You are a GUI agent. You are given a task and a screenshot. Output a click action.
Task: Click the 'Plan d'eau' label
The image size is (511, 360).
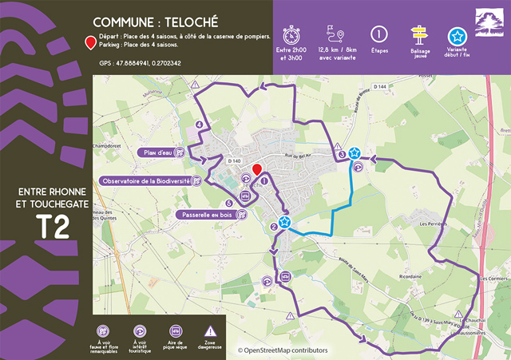pos(156,152)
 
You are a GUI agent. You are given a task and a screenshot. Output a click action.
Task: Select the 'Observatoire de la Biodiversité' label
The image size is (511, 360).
pos(145,181)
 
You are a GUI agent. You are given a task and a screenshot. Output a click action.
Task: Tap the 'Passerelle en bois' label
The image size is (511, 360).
pos(204,215)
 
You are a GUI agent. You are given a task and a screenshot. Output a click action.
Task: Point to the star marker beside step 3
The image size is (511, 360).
pos(355,152)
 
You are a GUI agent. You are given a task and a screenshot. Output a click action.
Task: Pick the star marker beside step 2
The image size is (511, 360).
pos(284,222)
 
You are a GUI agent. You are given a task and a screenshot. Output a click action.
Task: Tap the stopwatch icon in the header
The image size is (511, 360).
pos(291,34)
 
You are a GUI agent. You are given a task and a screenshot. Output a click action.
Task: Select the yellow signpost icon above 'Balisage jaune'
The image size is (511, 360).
pos(419,34)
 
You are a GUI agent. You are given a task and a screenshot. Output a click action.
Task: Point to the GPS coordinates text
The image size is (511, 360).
pos(140,62)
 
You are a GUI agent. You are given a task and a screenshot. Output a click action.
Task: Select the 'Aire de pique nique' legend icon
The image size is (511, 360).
pos(176,330)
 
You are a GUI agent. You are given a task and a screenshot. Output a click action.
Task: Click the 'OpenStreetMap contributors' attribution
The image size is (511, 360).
pos(282,350)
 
